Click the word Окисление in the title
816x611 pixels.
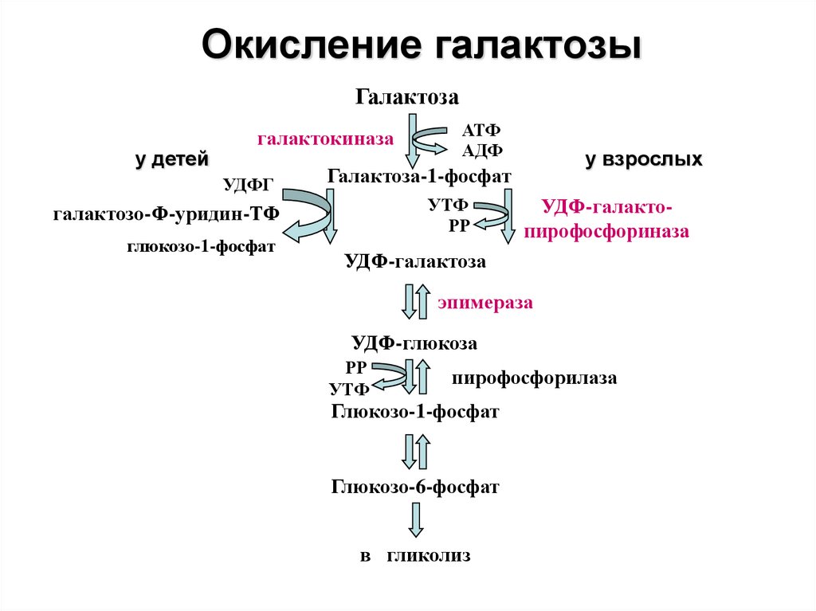point(312,45)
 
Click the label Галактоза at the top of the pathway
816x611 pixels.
point(407,97)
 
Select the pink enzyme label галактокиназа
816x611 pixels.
point(325,139)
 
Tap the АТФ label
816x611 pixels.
point(481,130)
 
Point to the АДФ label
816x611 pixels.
point(482,151)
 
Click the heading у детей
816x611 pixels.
point(172,159)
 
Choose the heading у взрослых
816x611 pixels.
point(644,159)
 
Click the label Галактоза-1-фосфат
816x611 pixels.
point(419,176)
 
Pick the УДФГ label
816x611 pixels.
point(249,185)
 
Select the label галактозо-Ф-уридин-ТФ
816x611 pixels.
point(166,214)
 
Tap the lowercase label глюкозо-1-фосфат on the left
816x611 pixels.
point(201,246)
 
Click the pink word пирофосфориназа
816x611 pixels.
point(606,231)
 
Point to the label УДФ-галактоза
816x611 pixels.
point(415,261)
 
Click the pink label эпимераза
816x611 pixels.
point(485,303)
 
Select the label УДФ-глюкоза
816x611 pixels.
point(414,343)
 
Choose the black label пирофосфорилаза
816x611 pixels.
point(534,378)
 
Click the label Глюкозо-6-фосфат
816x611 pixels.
point(414,488)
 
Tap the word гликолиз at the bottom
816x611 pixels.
point(428,556)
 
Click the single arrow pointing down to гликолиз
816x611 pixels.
point(415,519)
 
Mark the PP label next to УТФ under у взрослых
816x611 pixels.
point(459,226)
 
